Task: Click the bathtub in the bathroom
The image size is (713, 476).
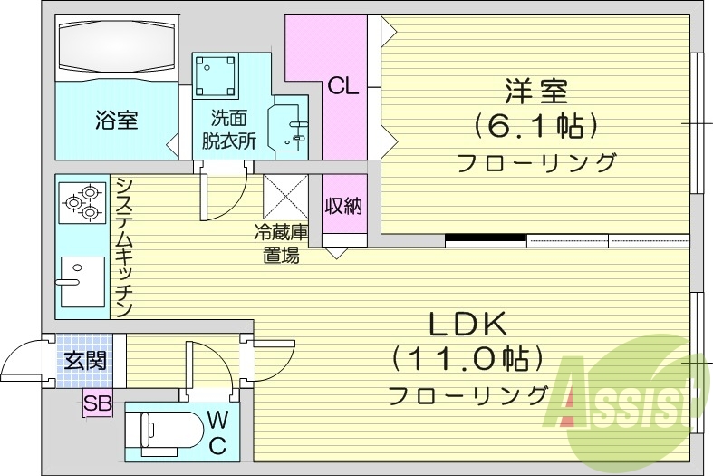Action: tap(115, 47)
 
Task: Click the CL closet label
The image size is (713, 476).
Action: tap(343, 86)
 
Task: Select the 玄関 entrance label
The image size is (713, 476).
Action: tap(84, 360)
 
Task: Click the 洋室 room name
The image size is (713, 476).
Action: tap(535, 92)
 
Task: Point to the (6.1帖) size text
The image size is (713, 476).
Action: tap(535, 125)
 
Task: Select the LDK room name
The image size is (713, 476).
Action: tap(467, 324)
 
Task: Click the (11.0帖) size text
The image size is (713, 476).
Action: tap(467, 359)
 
